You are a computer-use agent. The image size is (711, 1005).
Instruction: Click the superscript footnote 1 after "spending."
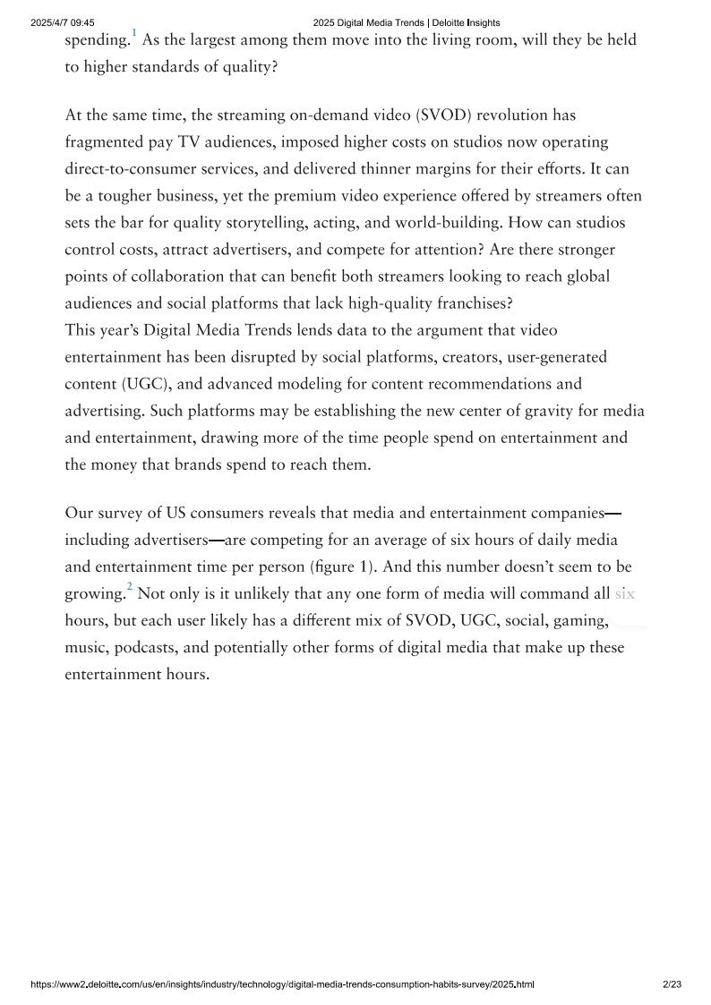(134, 33)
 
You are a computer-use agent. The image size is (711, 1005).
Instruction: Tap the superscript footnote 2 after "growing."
(129, 587)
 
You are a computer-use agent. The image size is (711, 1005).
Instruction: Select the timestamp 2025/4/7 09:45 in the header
(63, 22)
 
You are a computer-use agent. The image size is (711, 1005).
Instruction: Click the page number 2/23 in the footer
(672, 984)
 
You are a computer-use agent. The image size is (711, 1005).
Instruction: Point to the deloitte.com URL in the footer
(282, 984)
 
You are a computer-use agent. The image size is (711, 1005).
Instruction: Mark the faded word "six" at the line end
(624, 594)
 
